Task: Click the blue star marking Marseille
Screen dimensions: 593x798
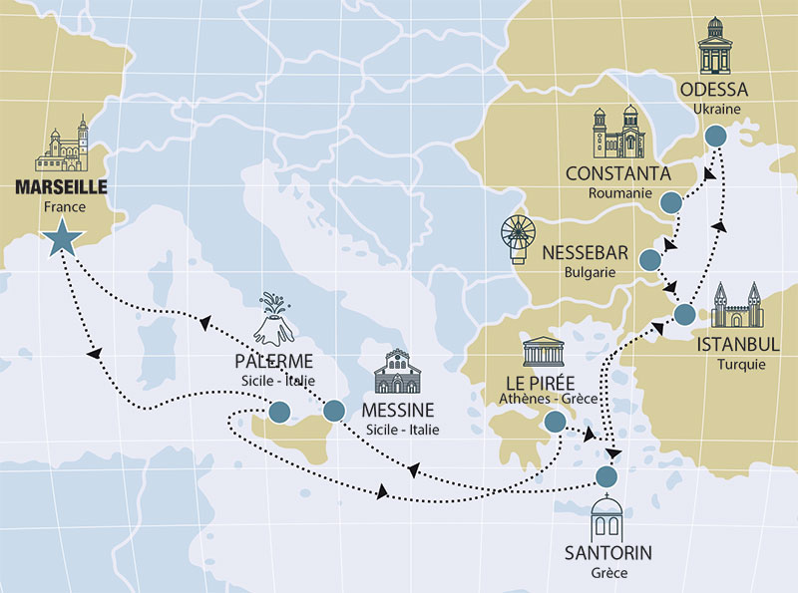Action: click(61, 236)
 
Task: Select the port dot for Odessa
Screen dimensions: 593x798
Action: click(715, 137)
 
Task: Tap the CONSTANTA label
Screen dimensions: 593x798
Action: click(618, 174)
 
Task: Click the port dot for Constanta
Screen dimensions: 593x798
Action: click(671, 202)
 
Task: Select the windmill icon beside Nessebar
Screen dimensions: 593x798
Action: click(520, 241)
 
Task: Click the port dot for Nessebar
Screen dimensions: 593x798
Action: click(649, 261)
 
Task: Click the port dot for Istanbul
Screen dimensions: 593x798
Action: click(684, 315)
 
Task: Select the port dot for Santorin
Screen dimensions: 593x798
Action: click(605, 474)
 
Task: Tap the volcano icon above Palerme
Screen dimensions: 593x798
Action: click(271, 318)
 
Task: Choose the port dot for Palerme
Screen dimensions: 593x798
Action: click(278, 411)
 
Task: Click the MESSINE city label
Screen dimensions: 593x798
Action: click(398, 411)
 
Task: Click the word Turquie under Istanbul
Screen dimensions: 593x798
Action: click(739, 365)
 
